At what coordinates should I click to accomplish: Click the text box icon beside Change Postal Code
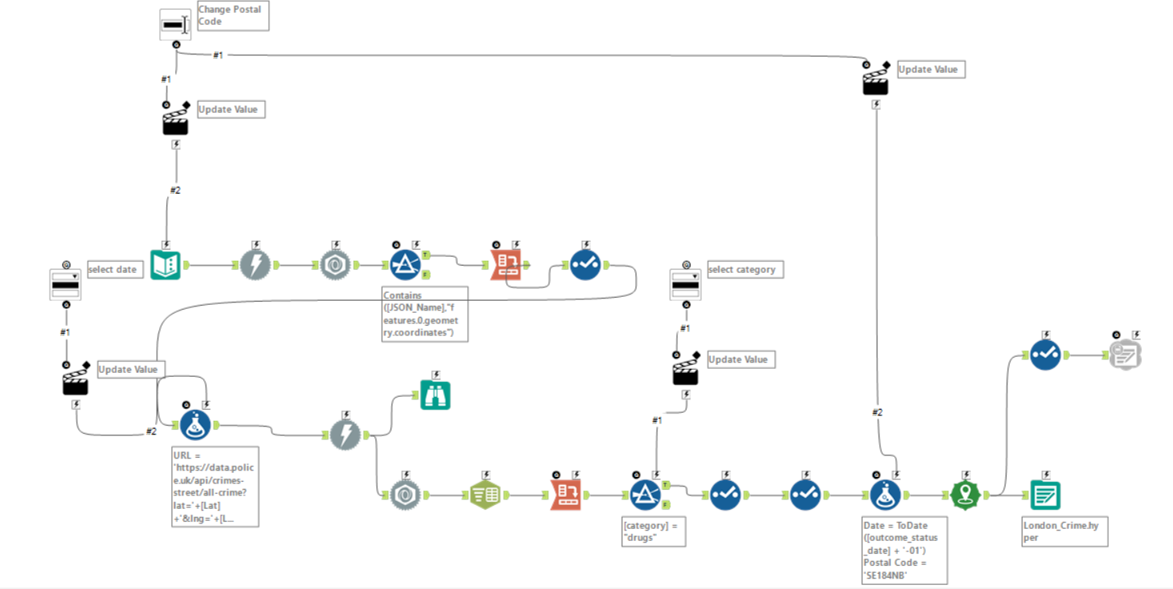tap(175, 25)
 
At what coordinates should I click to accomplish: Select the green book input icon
tap(166, 265)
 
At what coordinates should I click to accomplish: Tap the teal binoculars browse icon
tap(436, 395)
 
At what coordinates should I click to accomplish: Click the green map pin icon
tap(966, 496)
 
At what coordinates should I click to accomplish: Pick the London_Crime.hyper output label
tap(1064, 531)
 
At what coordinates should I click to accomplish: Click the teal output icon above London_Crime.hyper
tap(1045, 496)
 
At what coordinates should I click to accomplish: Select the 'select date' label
tap(113, 270)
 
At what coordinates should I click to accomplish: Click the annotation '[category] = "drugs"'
tap(653, 531)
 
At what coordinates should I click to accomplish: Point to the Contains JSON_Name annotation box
tap(425, 315)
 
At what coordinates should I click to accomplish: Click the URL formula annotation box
tap(215, 486)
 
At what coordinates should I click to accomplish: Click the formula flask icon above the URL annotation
tap(195, 426)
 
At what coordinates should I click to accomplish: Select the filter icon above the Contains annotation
tap(406, 265)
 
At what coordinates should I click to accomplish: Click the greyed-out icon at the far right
tap(1125, 355)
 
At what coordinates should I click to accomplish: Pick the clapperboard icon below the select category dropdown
tap(685, 371)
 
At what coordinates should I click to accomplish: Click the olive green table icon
tap(486, 496)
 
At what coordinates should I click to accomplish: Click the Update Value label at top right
tap(927, 70)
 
